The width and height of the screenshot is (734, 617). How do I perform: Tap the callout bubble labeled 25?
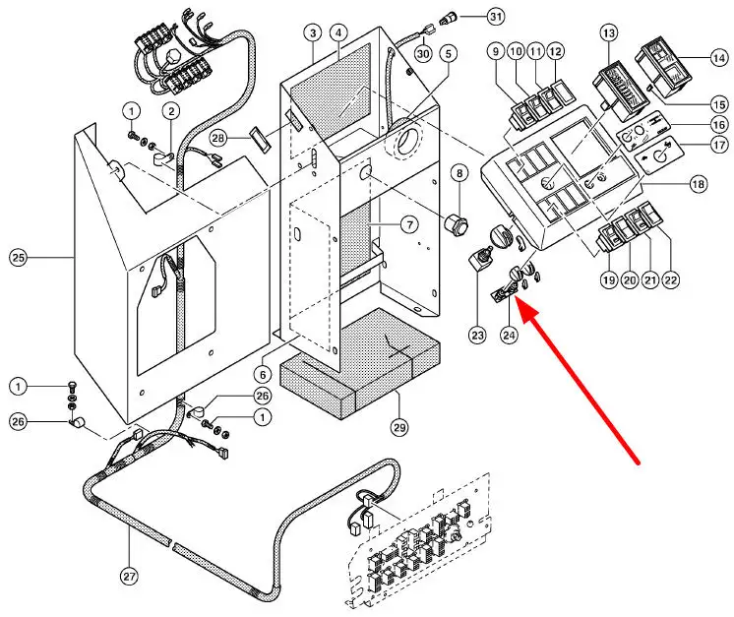[17, 258]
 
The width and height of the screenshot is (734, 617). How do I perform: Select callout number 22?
[671, 280]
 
